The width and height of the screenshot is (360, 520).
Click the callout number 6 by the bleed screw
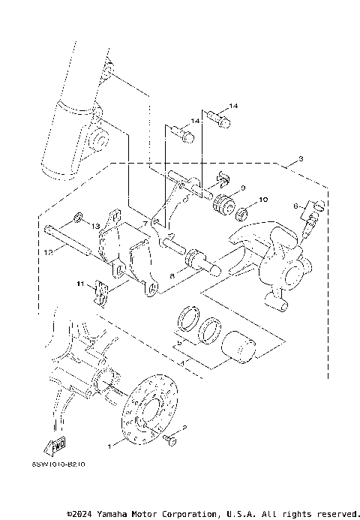click(296, 204)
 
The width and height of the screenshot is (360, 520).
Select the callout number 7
click(145, 224)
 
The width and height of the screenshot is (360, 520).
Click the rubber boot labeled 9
click(223, 204)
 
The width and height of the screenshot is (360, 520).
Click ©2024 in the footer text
click(80, 514)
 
